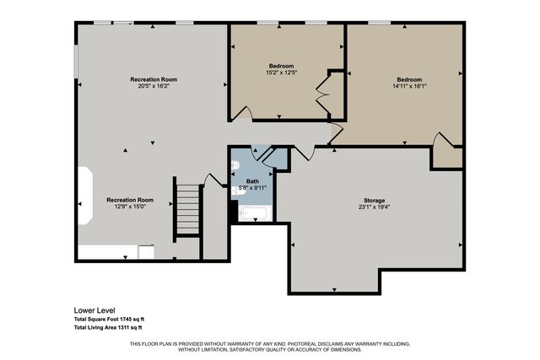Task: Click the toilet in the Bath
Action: click(237, 165)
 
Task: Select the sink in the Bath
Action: click(239, 191)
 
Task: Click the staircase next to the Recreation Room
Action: click(186, 208)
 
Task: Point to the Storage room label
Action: click(375, 200)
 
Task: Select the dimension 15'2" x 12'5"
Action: click(281, 73)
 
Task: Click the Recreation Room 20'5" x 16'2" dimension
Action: click(153, 86)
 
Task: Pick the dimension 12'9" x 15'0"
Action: click(129, 207)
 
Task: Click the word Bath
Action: click(252, 181)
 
